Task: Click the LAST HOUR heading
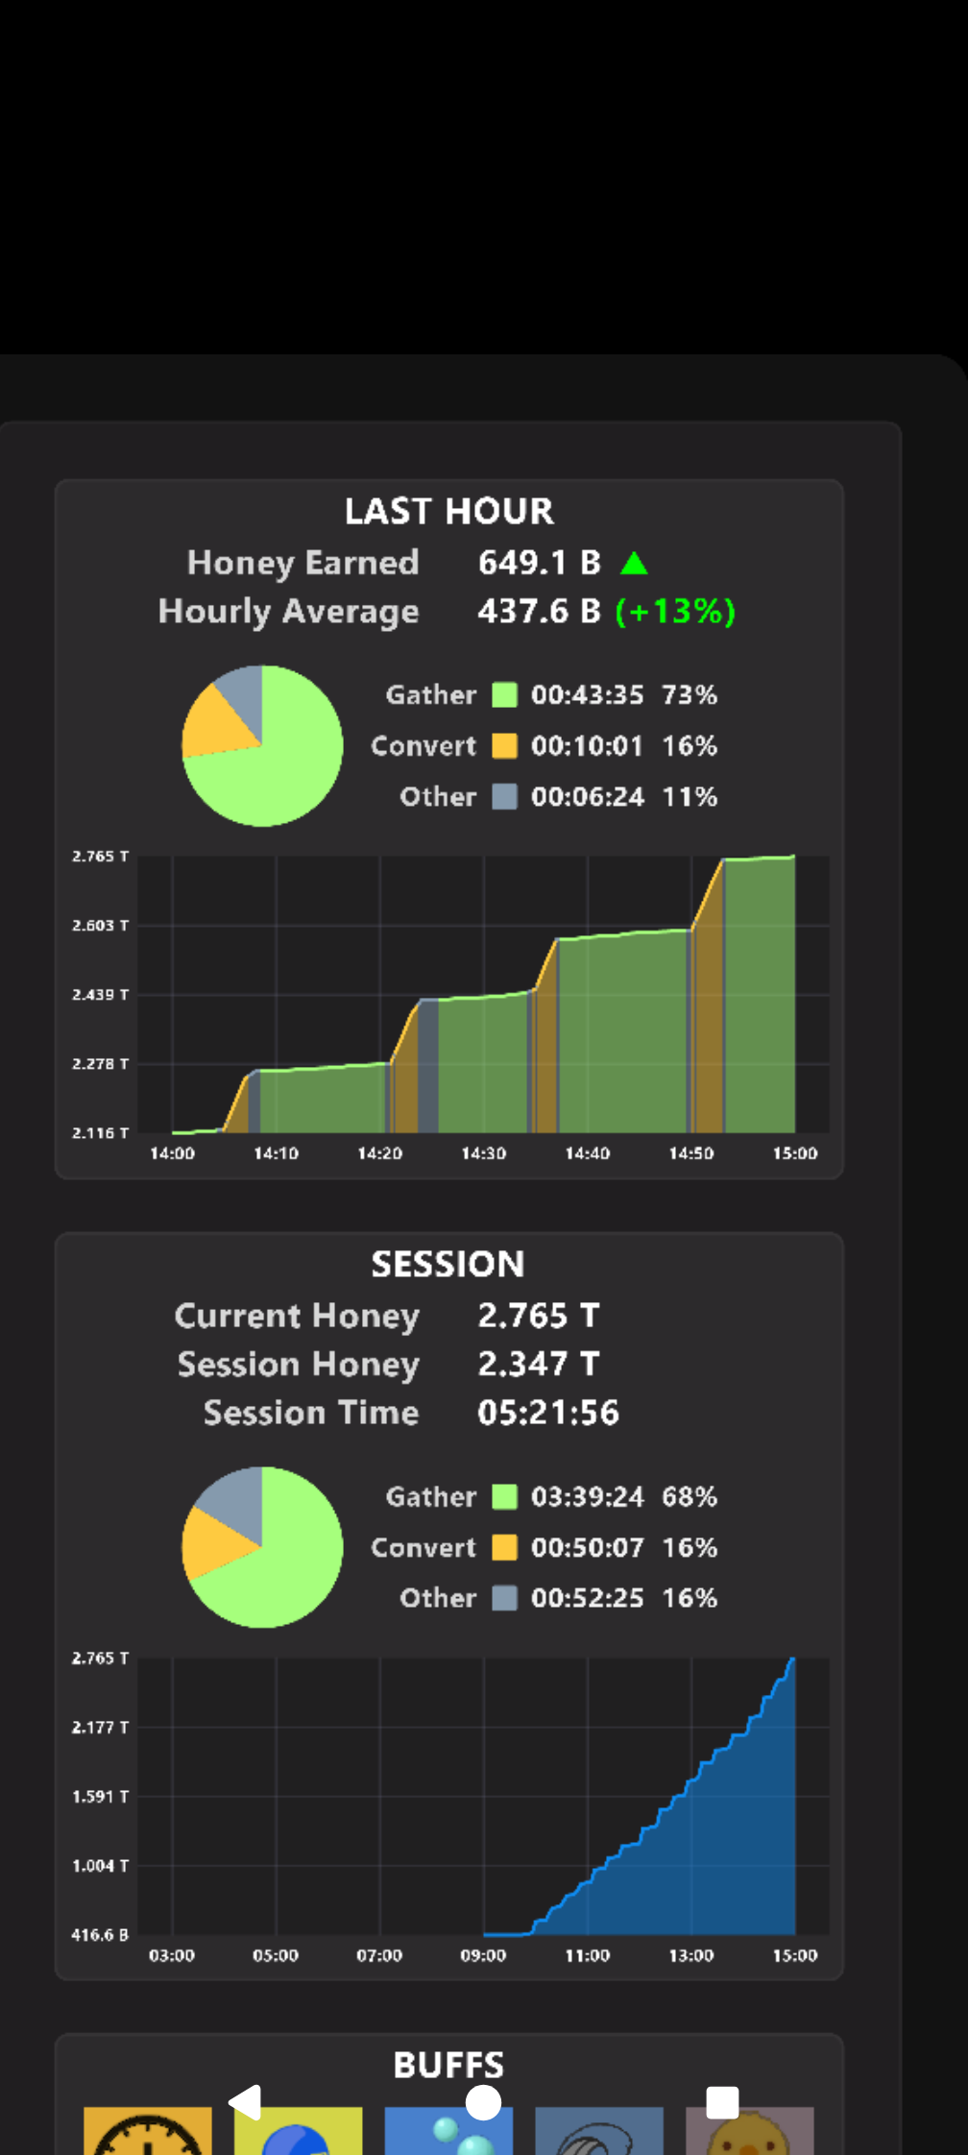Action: click(x=448, y=511)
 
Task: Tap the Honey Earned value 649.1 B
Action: click(x=539, y=562)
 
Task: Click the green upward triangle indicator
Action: click(x=634, y=563)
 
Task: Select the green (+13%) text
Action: click(x=675, y=611)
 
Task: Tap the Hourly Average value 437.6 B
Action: click(x=539, y=611)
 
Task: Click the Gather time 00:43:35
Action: click(x=587, y=694)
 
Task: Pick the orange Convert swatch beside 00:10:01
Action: click(x=504, y=745)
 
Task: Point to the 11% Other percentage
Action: click(x=690, y=796)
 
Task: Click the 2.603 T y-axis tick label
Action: click(x=100, y=925)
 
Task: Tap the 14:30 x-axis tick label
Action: click(x=483, y=1152)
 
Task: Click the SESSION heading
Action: click(x=448, y=1264)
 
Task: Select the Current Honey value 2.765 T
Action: click(x=538, y=1315)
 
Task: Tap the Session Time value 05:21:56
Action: click(x=548, y=1413)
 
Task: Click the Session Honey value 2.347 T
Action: click(x=538, y=1364)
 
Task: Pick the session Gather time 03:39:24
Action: click(x=587, y=1496)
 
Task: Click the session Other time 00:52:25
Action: click(x=587, y=1597)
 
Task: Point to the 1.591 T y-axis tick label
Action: click(x=100, y=1796)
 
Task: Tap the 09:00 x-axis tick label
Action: click(x=483, y=1955)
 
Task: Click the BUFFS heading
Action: click(x=448, y=2065)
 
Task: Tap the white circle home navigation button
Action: click(x=483, y=2102)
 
